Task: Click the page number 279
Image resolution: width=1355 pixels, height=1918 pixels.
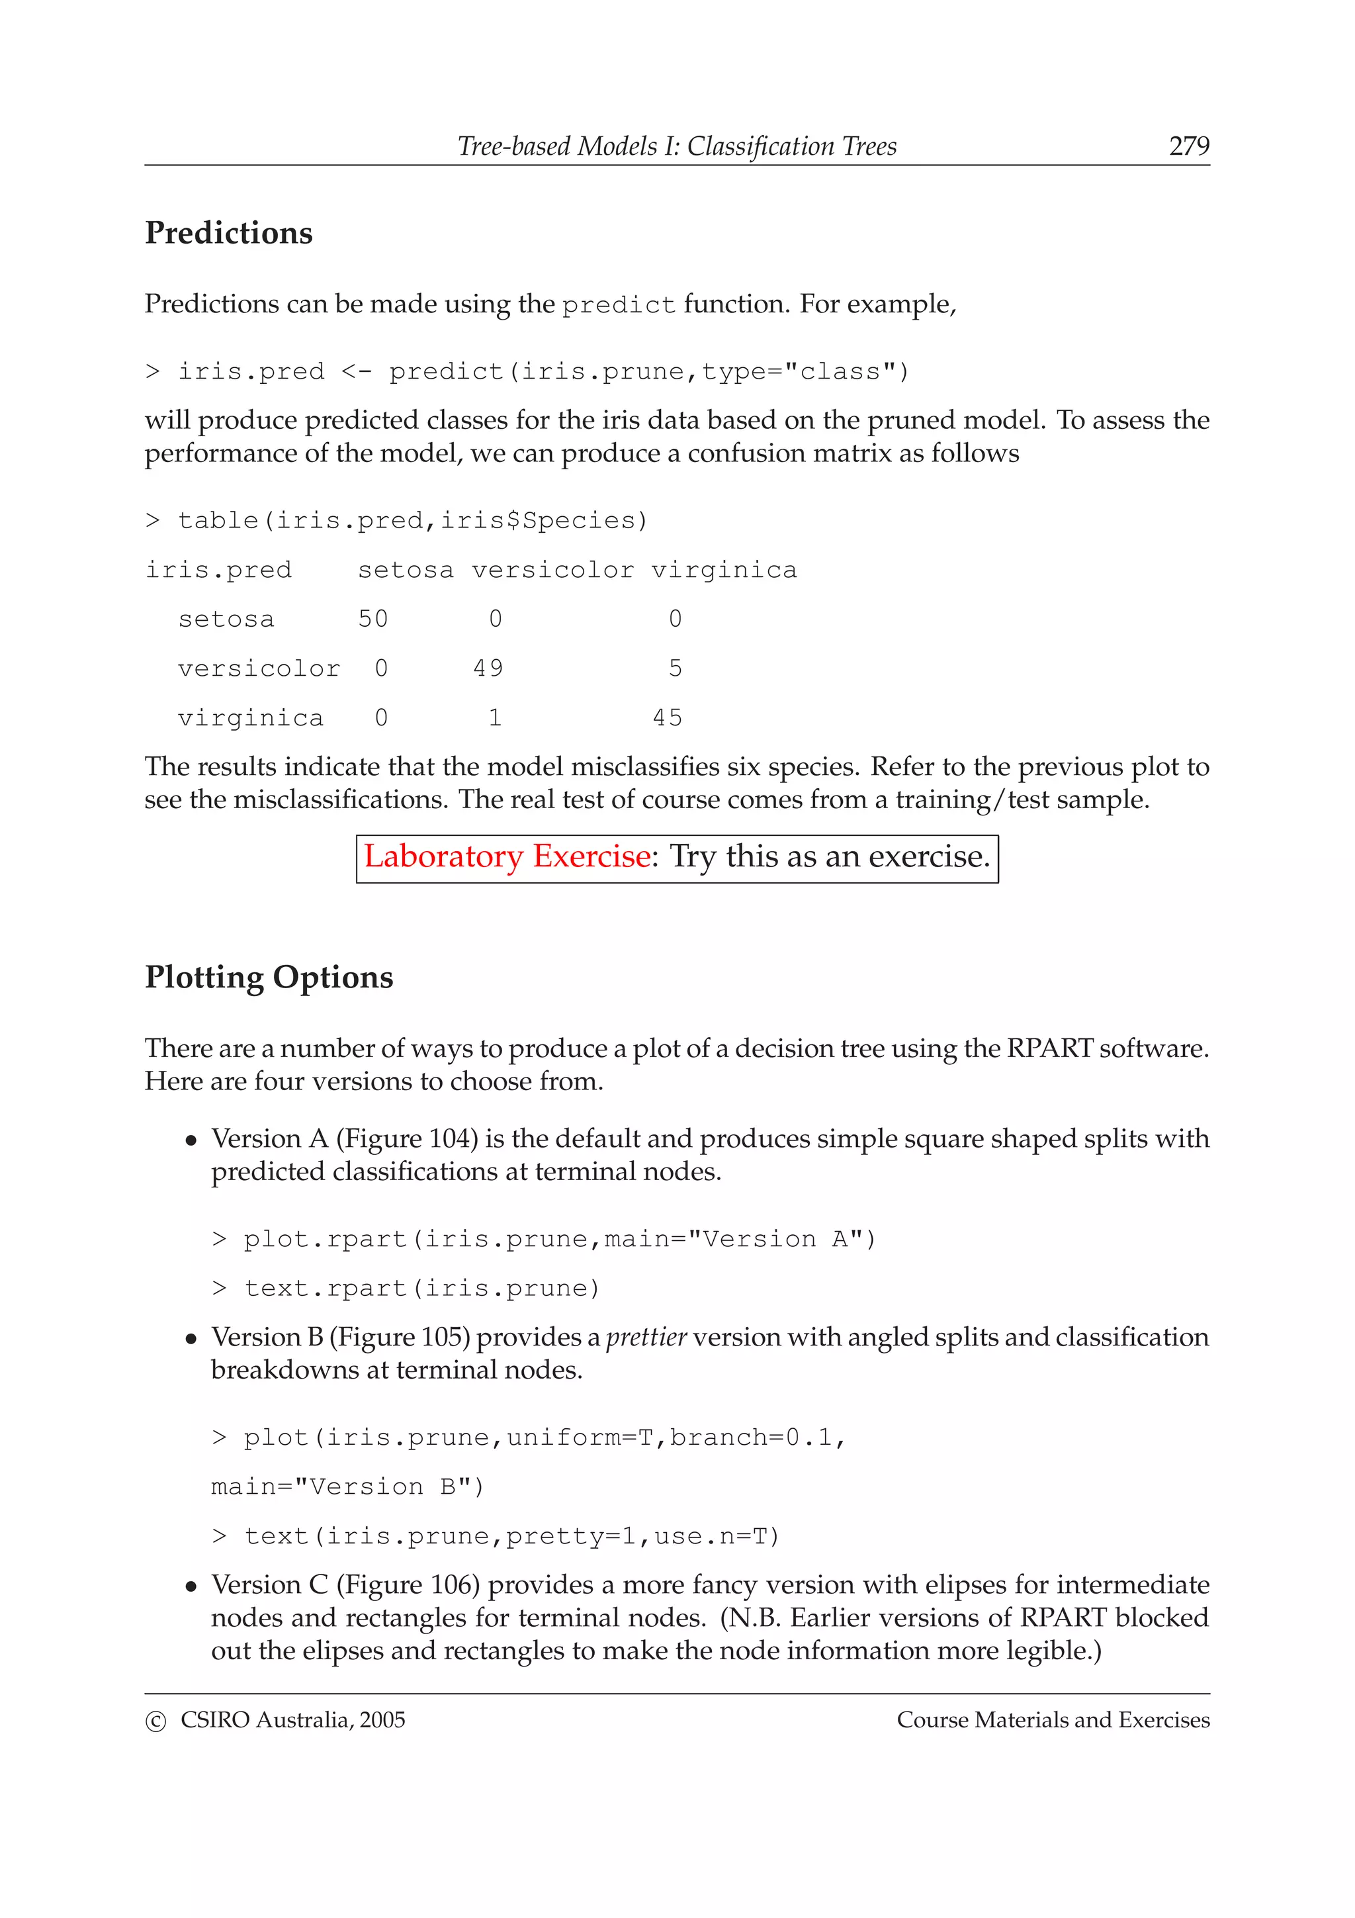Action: (1188, 146)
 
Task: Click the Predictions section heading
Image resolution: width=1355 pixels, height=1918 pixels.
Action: (229, 233)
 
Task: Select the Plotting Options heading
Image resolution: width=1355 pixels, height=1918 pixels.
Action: (269, 978)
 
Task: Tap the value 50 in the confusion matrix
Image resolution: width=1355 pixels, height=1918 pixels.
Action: (373, 619)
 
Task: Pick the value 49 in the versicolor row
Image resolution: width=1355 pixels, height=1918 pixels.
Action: (488, 668)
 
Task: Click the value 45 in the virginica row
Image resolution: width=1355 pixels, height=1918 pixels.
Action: (667, 717)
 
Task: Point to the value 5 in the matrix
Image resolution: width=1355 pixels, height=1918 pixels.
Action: (675, 668)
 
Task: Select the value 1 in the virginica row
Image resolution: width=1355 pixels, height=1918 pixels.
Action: (495, 717)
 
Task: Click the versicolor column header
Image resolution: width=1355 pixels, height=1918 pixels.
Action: (552, 571)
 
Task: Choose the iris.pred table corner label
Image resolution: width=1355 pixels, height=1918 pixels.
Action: (219, 571)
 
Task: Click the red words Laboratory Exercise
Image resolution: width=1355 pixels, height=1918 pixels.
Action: (507, 857)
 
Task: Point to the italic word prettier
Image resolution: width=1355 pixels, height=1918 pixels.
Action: (646, 1338)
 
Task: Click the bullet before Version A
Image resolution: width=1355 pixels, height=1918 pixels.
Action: (192, 1140)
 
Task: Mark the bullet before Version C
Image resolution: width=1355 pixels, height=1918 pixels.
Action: (192, 1586)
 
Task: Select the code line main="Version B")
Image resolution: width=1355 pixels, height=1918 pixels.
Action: (347, 1487)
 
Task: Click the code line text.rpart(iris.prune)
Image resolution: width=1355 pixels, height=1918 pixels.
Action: (406, 1288)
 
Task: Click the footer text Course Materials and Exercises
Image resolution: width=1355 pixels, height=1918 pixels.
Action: (1053, 1720)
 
